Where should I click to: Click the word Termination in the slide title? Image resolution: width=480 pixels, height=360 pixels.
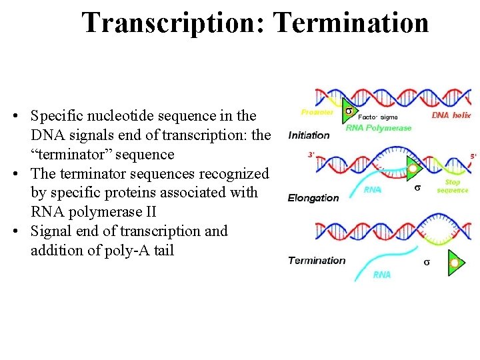click(x=351, y=23)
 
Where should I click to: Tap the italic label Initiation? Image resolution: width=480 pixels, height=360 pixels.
click(x=309, y=135)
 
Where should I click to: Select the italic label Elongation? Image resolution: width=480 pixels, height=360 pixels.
click(x=313, y=198)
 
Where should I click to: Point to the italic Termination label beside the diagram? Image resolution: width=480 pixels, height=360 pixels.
click(x=317, y=261)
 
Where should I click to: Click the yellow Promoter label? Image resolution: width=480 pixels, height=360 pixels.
click(x=317, y=112)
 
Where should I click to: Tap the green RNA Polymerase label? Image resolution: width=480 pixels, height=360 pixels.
click(x=379, y=128)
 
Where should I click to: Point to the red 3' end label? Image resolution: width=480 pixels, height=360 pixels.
click(x=311, y=155)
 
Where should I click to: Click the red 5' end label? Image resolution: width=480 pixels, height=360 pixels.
click(x=473, y=156)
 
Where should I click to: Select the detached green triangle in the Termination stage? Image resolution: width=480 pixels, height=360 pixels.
click(x=456, y=263)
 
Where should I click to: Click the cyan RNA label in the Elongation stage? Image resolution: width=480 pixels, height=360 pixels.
click(x=373, y=189)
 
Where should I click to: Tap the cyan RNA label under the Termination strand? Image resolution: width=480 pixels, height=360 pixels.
click(x=382, y=275)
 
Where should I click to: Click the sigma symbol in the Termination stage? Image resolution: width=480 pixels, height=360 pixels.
click(x=427, y=262)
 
